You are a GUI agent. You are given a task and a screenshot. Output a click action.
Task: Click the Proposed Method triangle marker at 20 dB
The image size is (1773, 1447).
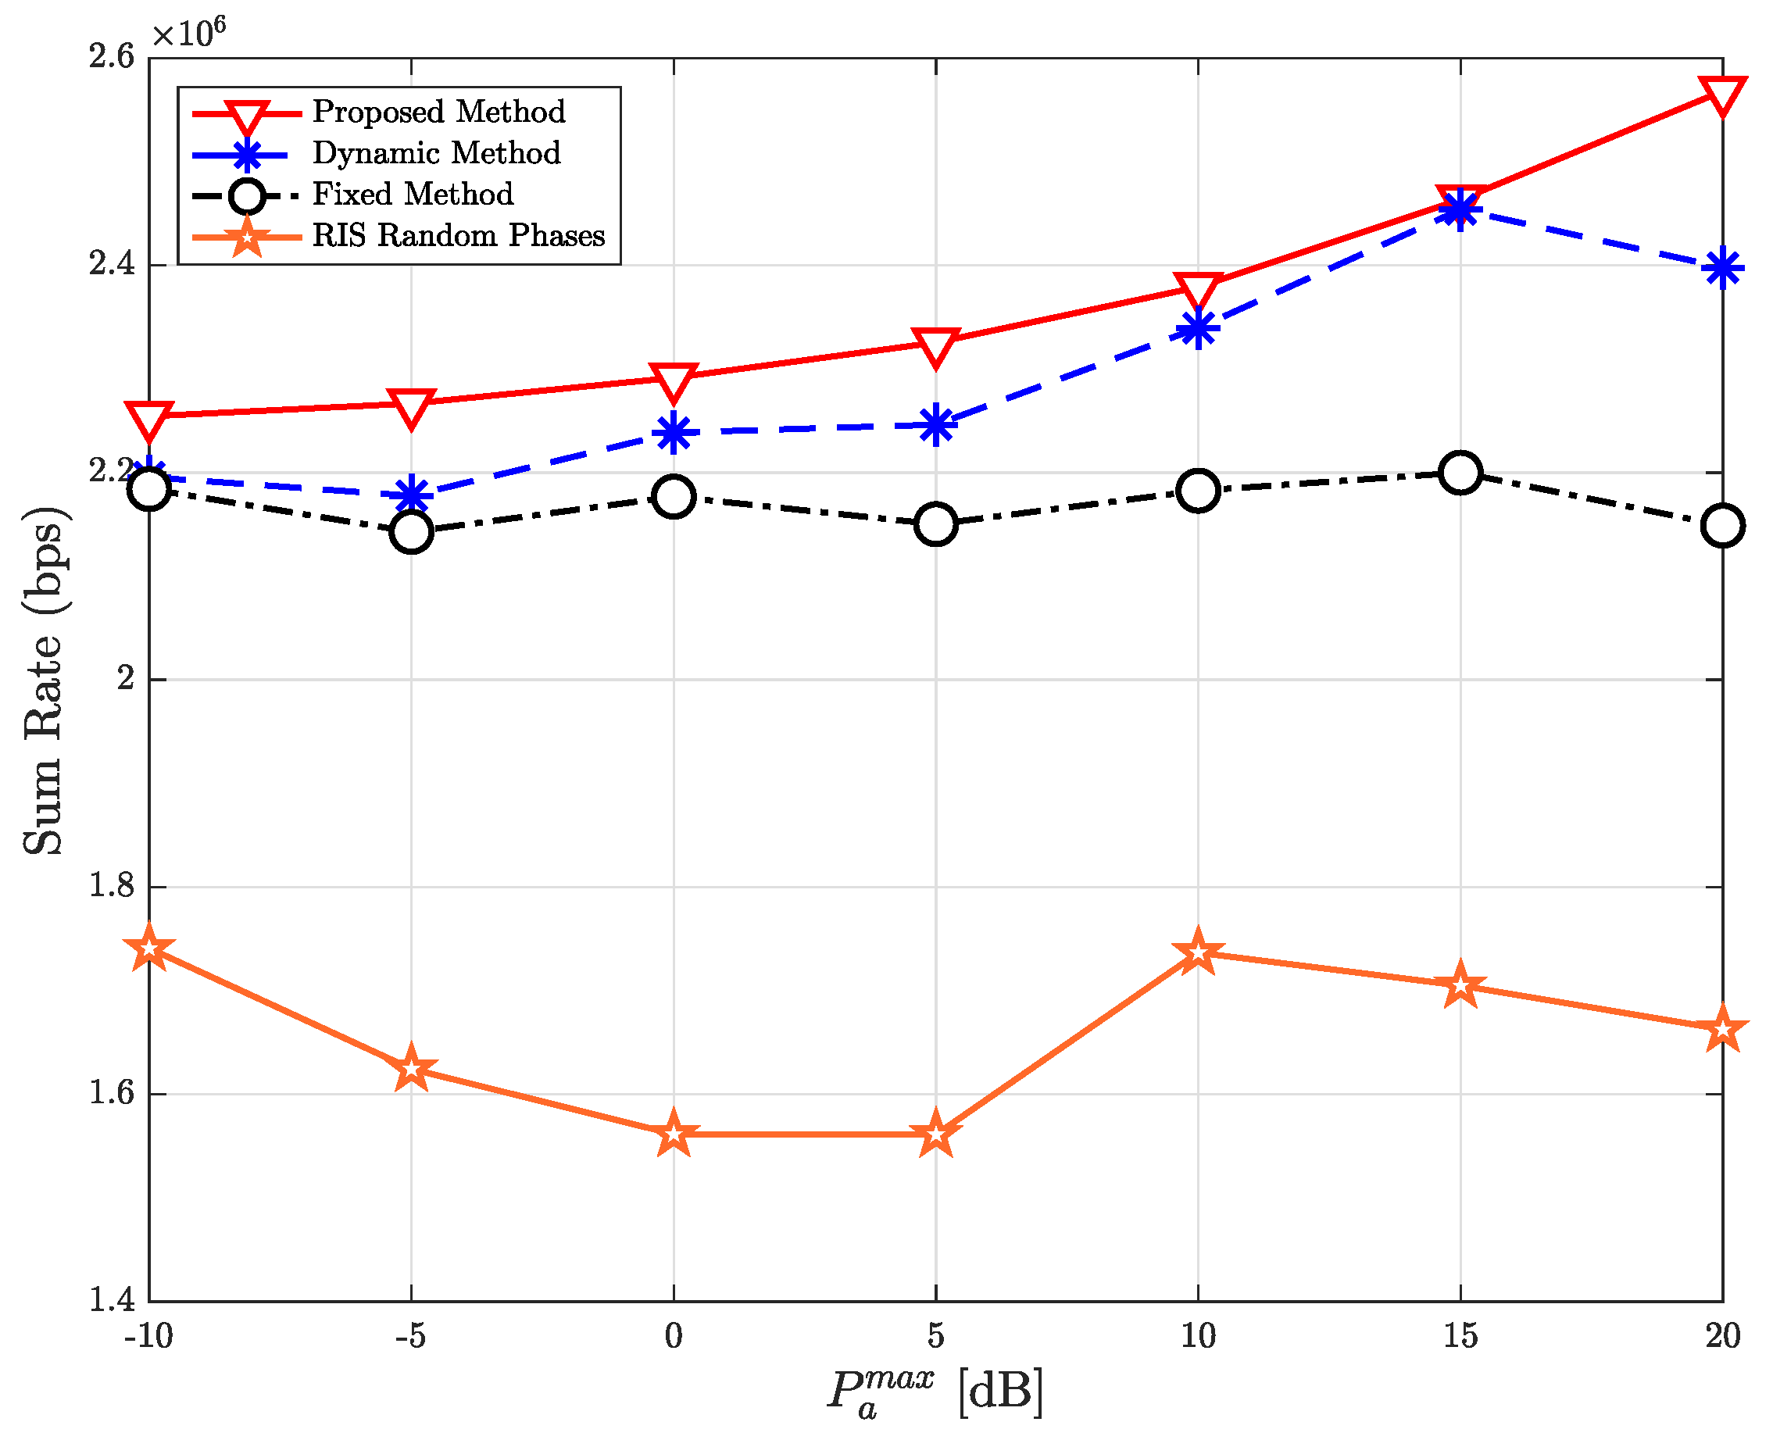click(x=1722, y=96)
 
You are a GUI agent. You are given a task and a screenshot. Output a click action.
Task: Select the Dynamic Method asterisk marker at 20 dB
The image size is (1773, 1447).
click(x=1722, y=270)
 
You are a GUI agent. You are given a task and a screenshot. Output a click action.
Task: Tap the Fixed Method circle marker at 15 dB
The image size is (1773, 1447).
click(x=1460, y=473)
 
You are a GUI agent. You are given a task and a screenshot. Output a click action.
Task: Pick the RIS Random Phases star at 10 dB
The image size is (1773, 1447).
click(x=1198, y=952)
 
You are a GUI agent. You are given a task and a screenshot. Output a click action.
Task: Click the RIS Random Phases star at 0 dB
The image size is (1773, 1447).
click(x=674, y=1134)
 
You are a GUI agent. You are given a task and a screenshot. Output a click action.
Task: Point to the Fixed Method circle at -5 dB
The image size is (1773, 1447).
click(x=411, y=532)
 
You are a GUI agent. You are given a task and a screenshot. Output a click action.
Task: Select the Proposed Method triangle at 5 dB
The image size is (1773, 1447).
click(x=935, y=345)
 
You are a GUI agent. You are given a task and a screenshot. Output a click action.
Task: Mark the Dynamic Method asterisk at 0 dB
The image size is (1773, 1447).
click(x=674, y=434)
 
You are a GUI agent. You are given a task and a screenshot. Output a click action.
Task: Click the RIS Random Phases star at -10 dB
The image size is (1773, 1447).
click(x=149, y=949)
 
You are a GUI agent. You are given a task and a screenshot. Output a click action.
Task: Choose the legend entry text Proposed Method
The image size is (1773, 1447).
click(x=438, y=112)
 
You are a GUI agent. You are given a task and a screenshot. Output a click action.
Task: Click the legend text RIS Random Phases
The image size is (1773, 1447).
click(x=459, y=236)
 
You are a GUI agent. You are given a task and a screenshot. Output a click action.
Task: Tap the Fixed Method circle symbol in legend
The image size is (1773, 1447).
click(x=247, y=196)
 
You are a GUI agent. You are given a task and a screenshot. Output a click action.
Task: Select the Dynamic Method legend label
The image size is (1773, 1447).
click(x=436, y=153)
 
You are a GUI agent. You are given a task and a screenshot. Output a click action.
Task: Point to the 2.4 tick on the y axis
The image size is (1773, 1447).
click(x=111, y=265)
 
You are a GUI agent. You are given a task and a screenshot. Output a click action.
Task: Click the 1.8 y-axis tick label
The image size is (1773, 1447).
click(x=111, y=887)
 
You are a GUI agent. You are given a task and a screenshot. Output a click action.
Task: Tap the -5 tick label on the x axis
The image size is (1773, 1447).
click(x=410, y=1337)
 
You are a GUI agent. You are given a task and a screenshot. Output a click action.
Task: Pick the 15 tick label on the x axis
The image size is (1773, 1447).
click(x=1460, y=1337)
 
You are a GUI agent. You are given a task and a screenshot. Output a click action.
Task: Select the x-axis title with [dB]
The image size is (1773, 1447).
click(x=935, y=1394)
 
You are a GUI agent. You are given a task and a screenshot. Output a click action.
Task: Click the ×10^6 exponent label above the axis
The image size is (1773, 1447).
click(x=188, y=34)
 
